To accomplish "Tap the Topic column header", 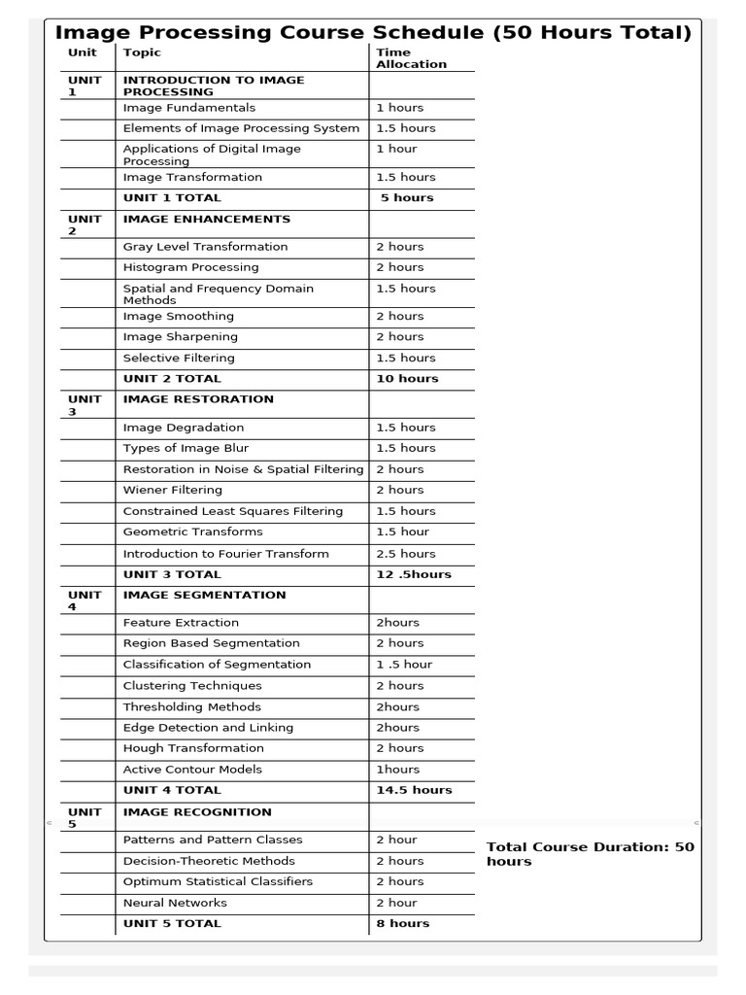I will tap(143, 52).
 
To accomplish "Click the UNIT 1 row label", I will tap(85, 86).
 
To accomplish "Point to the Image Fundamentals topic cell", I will tap(189, 108).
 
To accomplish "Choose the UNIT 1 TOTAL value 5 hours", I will tap(407, 198).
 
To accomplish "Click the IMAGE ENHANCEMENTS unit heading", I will tap(206, 220).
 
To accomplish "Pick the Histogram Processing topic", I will tap(191, 267).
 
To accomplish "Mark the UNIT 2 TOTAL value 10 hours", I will tap(407, 379).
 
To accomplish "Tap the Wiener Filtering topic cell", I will tap(173, 491).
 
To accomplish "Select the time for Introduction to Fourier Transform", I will tap(405, 554).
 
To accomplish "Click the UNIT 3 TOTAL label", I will tap(172, 574).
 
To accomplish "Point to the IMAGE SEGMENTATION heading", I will tap(204, 596).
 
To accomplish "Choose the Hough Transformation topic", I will tap(193, 748).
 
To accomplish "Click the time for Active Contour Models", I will tap(397, 770).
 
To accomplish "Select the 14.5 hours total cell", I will tap(414, 791).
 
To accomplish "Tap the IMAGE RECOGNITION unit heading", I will tap(197, 812).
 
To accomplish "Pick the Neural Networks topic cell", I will tap(175, 903).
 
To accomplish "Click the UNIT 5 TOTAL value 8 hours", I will tap(402, 924).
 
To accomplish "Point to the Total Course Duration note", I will tap(590, 854).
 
